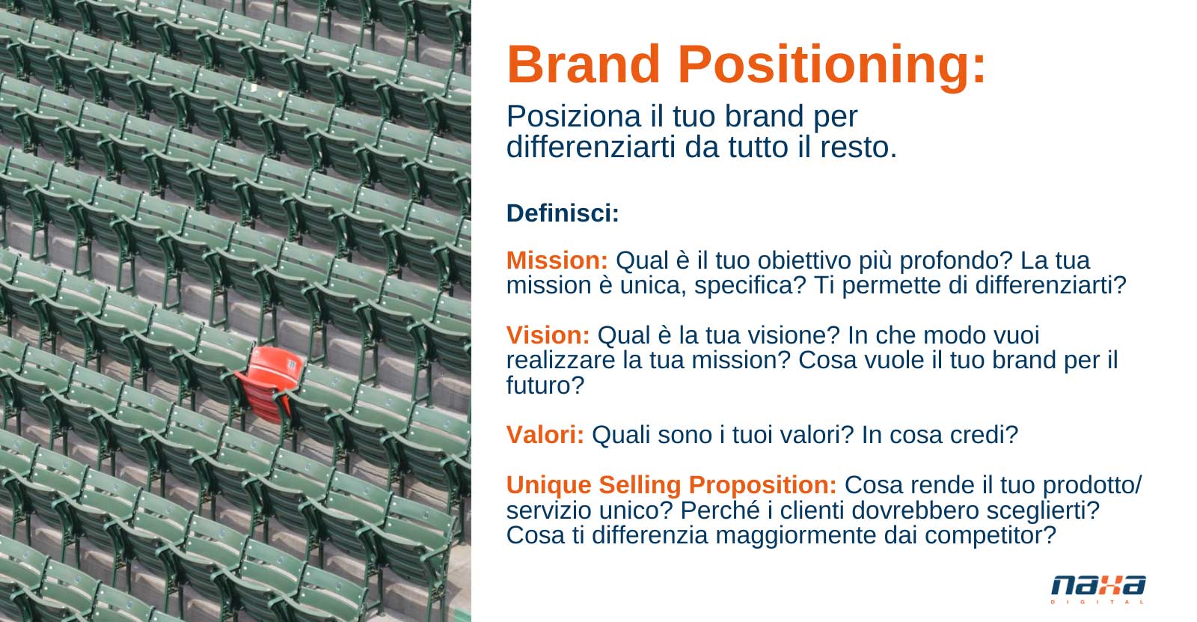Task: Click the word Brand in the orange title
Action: [584, 64]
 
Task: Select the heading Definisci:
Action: [563, 213]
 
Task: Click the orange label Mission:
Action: [557, 260]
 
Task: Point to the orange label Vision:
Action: [548, 335]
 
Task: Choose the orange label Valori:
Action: [545, 435]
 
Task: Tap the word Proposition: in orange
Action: [762, 486]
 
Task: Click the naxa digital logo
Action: [1098, 588]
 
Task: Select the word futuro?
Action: [545, 385]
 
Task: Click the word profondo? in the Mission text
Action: [957, 261]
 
